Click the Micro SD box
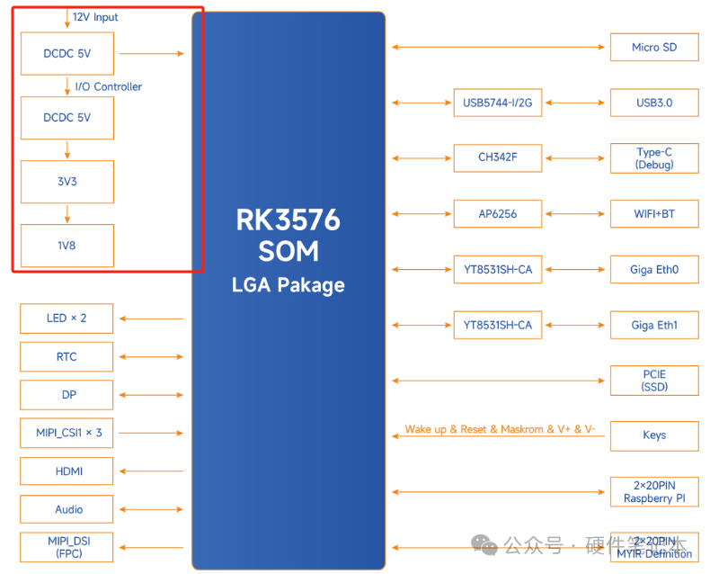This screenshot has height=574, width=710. click(653, 48)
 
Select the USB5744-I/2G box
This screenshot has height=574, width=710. click(497, 103)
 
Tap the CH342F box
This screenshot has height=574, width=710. click(497, 158)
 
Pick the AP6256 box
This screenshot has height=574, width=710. click(497, 214)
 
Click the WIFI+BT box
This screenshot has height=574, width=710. click(653, 214)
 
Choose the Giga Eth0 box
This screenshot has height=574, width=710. click(653, 269)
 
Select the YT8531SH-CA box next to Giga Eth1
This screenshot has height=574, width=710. click(497, 325)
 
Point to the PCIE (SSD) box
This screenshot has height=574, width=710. click(653, 381)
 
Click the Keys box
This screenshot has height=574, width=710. click(653, 435)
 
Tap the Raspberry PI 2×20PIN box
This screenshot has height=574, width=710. click(653, 491)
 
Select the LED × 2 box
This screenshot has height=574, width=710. click(67, 318)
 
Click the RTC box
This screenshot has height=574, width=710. click(67, 357)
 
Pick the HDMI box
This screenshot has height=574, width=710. click(67, 471)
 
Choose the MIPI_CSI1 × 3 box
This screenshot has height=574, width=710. click(67, 433)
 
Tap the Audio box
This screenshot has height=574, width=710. click(67, 509)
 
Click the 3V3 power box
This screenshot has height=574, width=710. click(67, 182)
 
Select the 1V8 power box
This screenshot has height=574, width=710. click(67, 245)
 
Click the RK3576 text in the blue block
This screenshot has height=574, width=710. click(288, 220)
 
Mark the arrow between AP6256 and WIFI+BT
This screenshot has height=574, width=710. click(575, 214)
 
